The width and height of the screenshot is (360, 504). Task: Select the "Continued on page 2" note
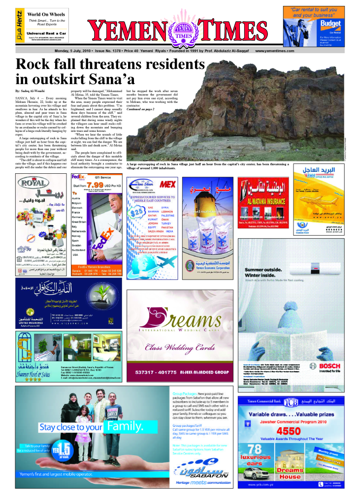pos(140,109)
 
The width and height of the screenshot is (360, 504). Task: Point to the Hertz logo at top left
pos(19,23)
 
